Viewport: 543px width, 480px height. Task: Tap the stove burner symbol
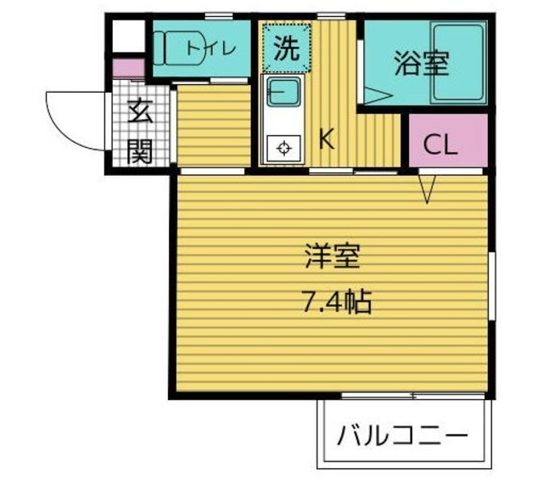coord(283,149)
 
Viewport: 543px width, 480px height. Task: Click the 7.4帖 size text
coord(336,302)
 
